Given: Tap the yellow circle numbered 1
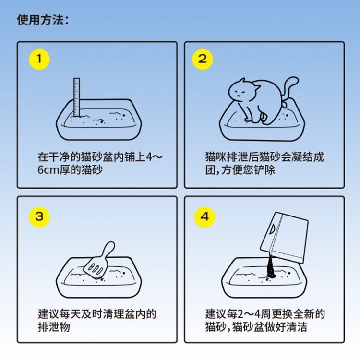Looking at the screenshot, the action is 39,59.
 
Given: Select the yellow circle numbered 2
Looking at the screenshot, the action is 203,59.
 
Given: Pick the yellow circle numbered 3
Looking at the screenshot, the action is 39,217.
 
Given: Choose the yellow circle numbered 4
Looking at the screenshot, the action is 204,217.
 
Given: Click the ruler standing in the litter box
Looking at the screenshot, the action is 77,97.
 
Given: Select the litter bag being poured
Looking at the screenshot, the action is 285,238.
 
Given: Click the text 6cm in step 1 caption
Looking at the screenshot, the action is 48,170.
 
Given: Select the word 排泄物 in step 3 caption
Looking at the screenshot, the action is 54,327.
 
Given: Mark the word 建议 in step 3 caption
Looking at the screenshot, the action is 48,314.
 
